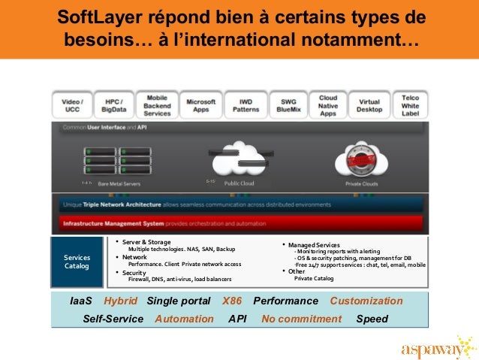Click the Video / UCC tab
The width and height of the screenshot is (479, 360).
(x=72, y=104)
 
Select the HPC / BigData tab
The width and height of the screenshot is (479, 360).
(x=114, y=104)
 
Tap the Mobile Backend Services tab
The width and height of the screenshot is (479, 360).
(x=157, y=104)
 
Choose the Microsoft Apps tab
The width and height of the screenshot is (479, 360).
(x=200, y=104)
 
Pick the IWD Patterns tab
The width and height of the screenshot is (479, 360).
(x=246, y=104)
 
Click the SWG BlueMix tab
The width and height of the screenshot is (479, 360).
(x=288, y=104)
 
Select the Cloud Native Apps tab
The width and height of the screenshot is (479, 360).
(x=327, y=104)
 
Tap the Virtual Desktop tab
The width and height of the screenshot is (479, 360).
(x=369, y=104)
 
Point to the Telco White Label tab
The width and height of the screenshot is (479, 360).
(x=410, y=104)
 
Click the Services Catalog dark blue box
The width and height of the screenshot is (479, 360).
(x=76, y=262)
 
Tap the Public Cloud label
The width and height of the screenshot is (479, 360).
(x=239, y=183)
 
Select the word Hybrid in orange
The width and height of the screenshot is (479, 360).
(x=121, y=301)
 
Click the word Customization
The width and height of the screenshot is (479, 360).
(x=366, y=301)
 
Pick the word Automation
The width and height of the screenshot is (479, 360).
(x=184, y=319)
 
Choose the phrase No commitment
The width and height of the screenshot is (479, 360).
(x=301, y=319)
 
